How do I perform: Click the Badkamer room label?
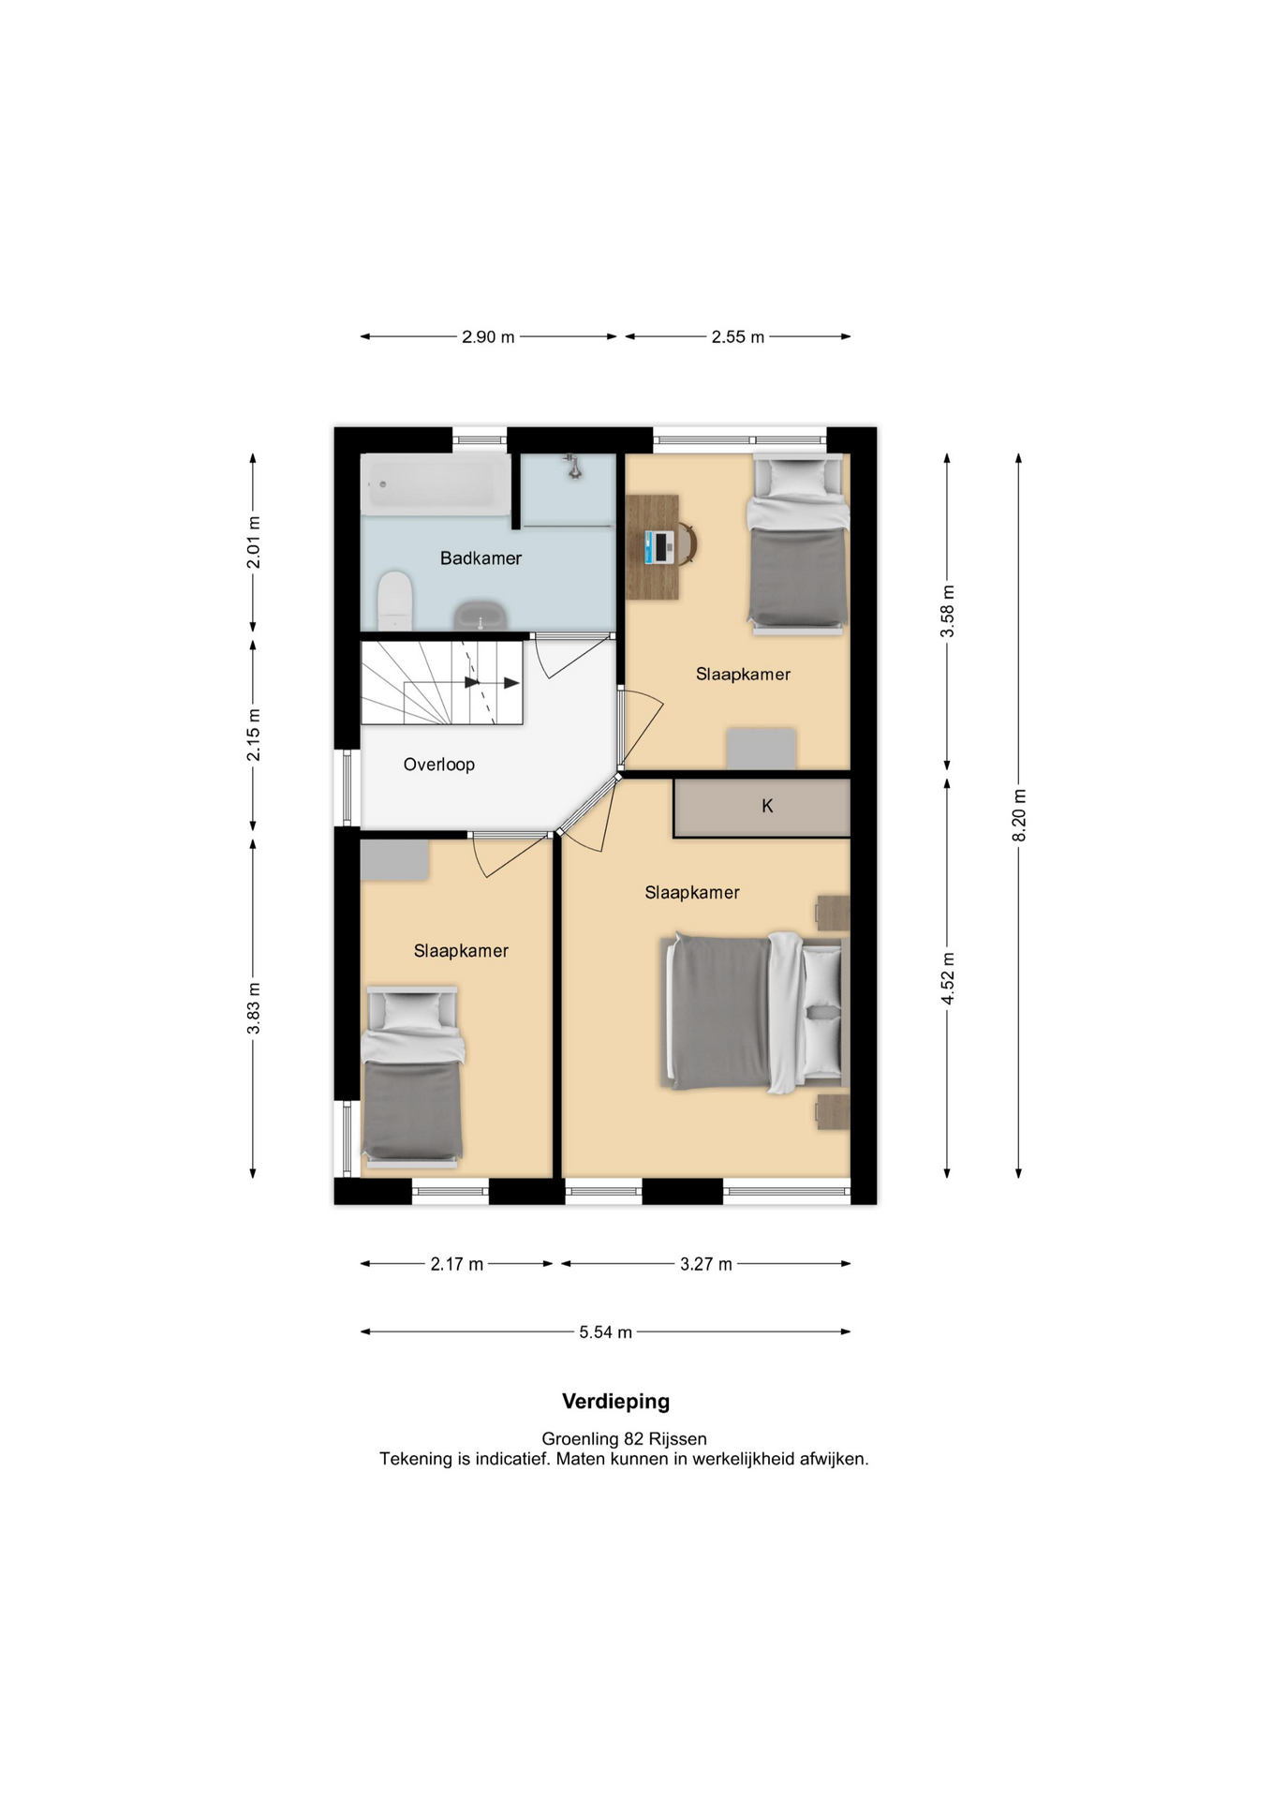(x=481, y=558)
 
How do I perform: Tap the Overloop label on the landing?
(x=438, y=765)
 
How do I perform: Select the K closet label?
(x=767, y=806)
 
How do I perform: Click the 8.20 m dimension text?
(x=1019, y=815)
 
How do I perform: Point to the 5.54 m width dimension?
(x=605, y=1331)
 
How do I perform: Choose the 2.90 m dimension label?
(x=488, y=336)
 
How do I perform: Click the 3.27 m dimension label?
(x=705, y=1264)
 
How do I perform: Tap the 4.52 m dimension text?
(x=948, y=978)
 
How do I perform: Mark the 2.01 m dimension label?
(x=253, y=543)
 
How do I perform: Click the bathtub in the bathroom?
(x=436, y=483)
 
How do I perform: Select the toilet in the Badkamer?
(x=394, y=601)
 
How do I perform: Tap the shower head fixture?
(x=572, y=466)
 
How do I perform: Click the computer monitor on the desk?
(x=659, y=546)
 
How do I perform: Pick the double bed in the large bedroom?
(x=755, y=1013)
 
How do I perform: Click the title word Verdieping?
(x=615, y=1402)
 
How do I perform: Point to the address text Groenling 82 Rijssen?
(x=624, y=1438)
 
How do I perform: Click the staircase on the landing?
(x=441, y=682)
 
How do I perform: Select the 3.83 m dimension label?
(x=253, y=1008)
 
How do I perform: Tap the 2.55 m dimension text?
(x=737, y=336)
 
